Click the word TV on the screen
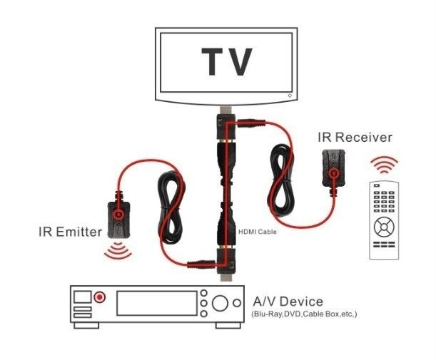pyautogui.click(x=226, y=62)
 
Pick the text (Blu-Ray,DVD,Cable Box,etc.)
pyautogui.click(x=303, y=314)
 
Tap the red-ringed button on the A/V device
pyautogui.click(x=101, y=296)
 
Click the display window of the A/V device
pyautogui.click(x=156, y=303)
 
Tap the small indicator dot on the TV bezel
pyautogui.click(x=289, y=95)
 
